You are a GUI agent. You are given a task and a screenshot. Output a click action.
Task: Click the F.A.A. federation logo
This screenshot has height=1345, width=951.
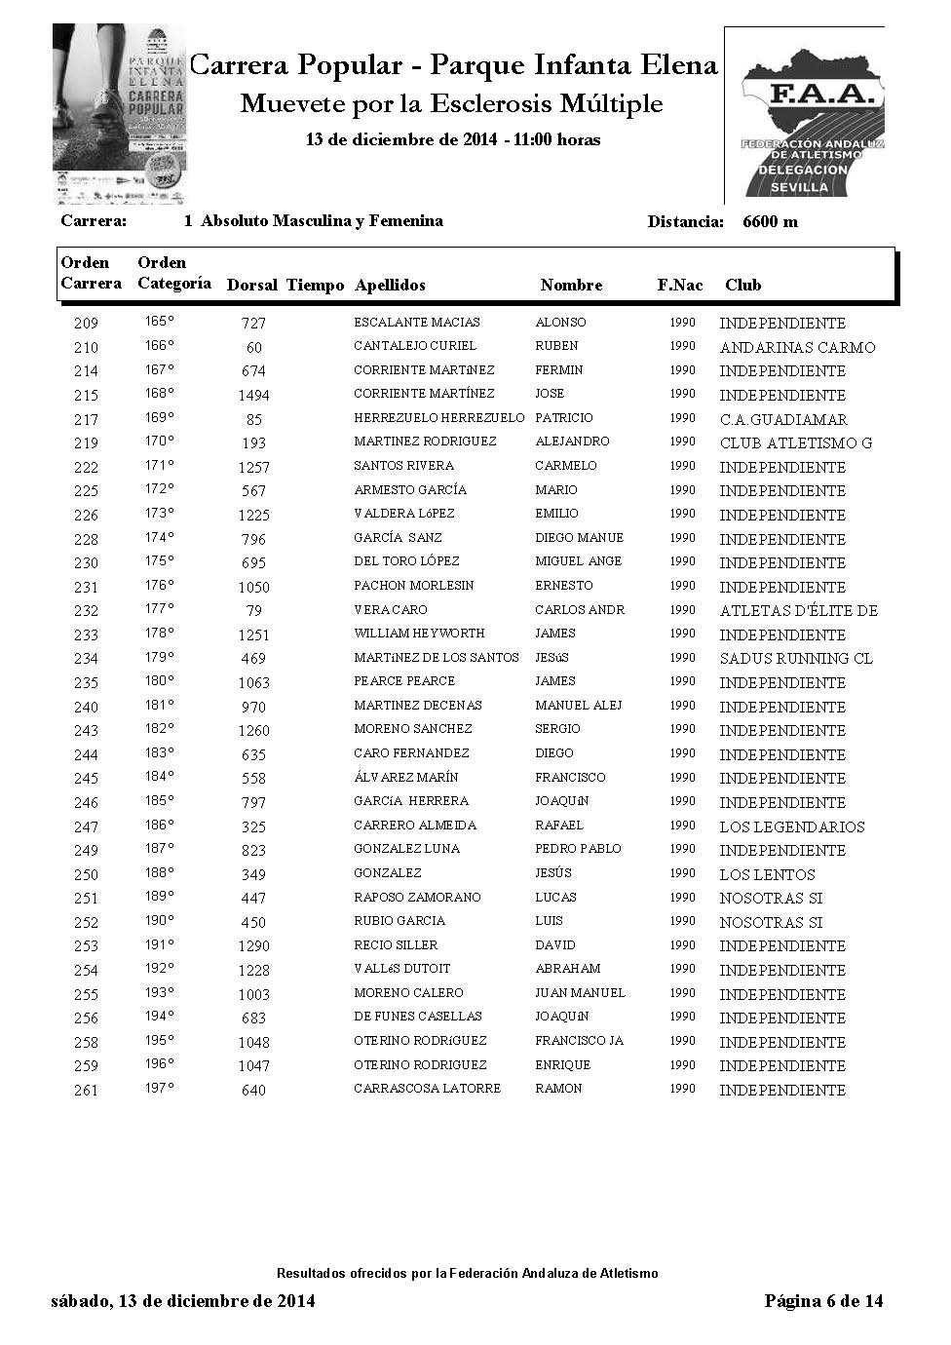pyautogui.click(x=804, y=115)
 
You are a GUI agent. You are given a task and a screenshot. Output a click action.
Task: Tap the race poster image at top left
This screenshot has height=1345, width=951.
pyautogui.click(x=120, y=115)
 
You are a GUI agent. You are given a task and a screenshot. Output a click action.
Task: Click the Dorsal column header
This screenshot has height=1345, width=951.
pyautogui.click(x=252, y=286)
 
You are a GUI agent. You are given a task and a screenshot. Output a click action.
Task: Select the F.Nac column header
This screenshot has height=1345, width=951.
pyautogui.click(x=680, y=286)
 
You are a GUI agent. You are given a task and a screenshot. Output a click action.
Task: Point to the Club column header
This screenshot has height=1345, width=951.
pyautogui.click(x=742, y=286)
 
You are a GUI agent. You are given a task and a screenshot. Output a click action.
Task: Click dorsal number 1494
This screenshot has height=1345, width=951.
pyautogui.click(x=253, y=395)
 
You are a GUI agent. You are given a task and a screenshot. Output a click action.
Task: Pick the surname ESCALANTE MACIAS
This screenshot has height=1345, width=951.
pyautogui.click(x=417, y=323)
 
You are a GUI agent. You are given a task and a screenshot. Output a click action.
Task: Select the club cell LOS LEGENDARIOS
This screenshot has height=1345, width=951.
pyautogui.click(x=792, y=826)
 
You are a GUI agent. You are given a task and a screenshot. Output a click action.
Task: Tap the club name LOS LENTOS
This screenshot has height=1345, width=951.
pyautogui.click(x=767, y=874)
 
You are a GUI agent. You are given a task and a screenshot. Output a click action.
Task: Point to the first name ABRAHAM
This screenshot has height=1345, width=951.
pyautogui.click(x=568, y=969)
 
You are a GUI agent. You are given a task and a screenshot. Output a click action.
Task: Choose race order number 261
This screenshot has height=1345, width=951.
pyautogui.click(x=87, y=1091)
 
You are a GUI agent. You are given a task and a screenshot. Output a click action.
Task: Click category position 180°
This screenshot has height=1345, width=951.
pyautogui.click(x=160, y=680)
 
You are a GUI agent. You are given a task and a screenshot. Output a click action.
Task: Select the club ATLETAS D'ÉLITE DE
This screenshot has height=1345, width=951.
pyautogui.click(x=799, y=611)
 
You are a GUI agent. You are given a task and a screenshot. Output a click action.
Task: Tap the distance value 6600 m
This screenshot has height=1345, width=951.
pyautogui.click(x=770, y=221)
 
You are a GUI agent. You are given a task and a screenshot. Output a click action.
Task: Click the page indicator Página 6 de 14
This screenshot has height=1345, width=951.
pyautogui.click(x=823, y=1301)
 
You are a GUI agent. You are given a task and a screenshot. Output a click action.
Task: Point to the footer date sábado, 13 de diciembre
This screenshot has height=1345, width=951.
pyautogui.click(x=182, y=1301)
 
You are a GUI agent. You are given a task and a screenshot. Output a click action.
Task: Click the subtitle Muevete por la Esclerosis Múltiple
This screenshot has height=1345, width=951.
pyautogui.click(x=451, y=104)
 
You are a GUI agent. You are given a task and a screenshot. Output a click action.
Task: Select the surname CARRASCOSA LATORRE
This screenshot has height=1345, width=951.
pyautogui.click(x=427, y=1089)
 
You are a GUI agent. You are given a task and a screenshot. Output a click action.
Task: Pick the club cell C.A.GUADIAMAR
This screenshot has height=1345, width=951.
pyautogui.click(x=783, y=419)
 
